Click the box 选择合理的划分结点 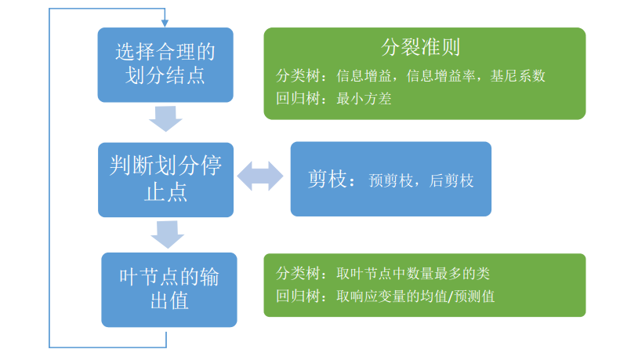(x=165, y=64)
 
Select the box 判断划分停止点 (x=165, y=179)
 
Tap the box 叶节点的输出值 (x=169, y=289)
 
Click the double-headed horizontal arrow (x=260, y=176)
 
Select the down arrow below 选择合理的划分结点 (x=165, y=120)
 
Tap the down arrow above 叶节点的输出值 (x=166, y=234)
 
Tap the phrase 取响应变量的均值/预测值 (x=415, y=296)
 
